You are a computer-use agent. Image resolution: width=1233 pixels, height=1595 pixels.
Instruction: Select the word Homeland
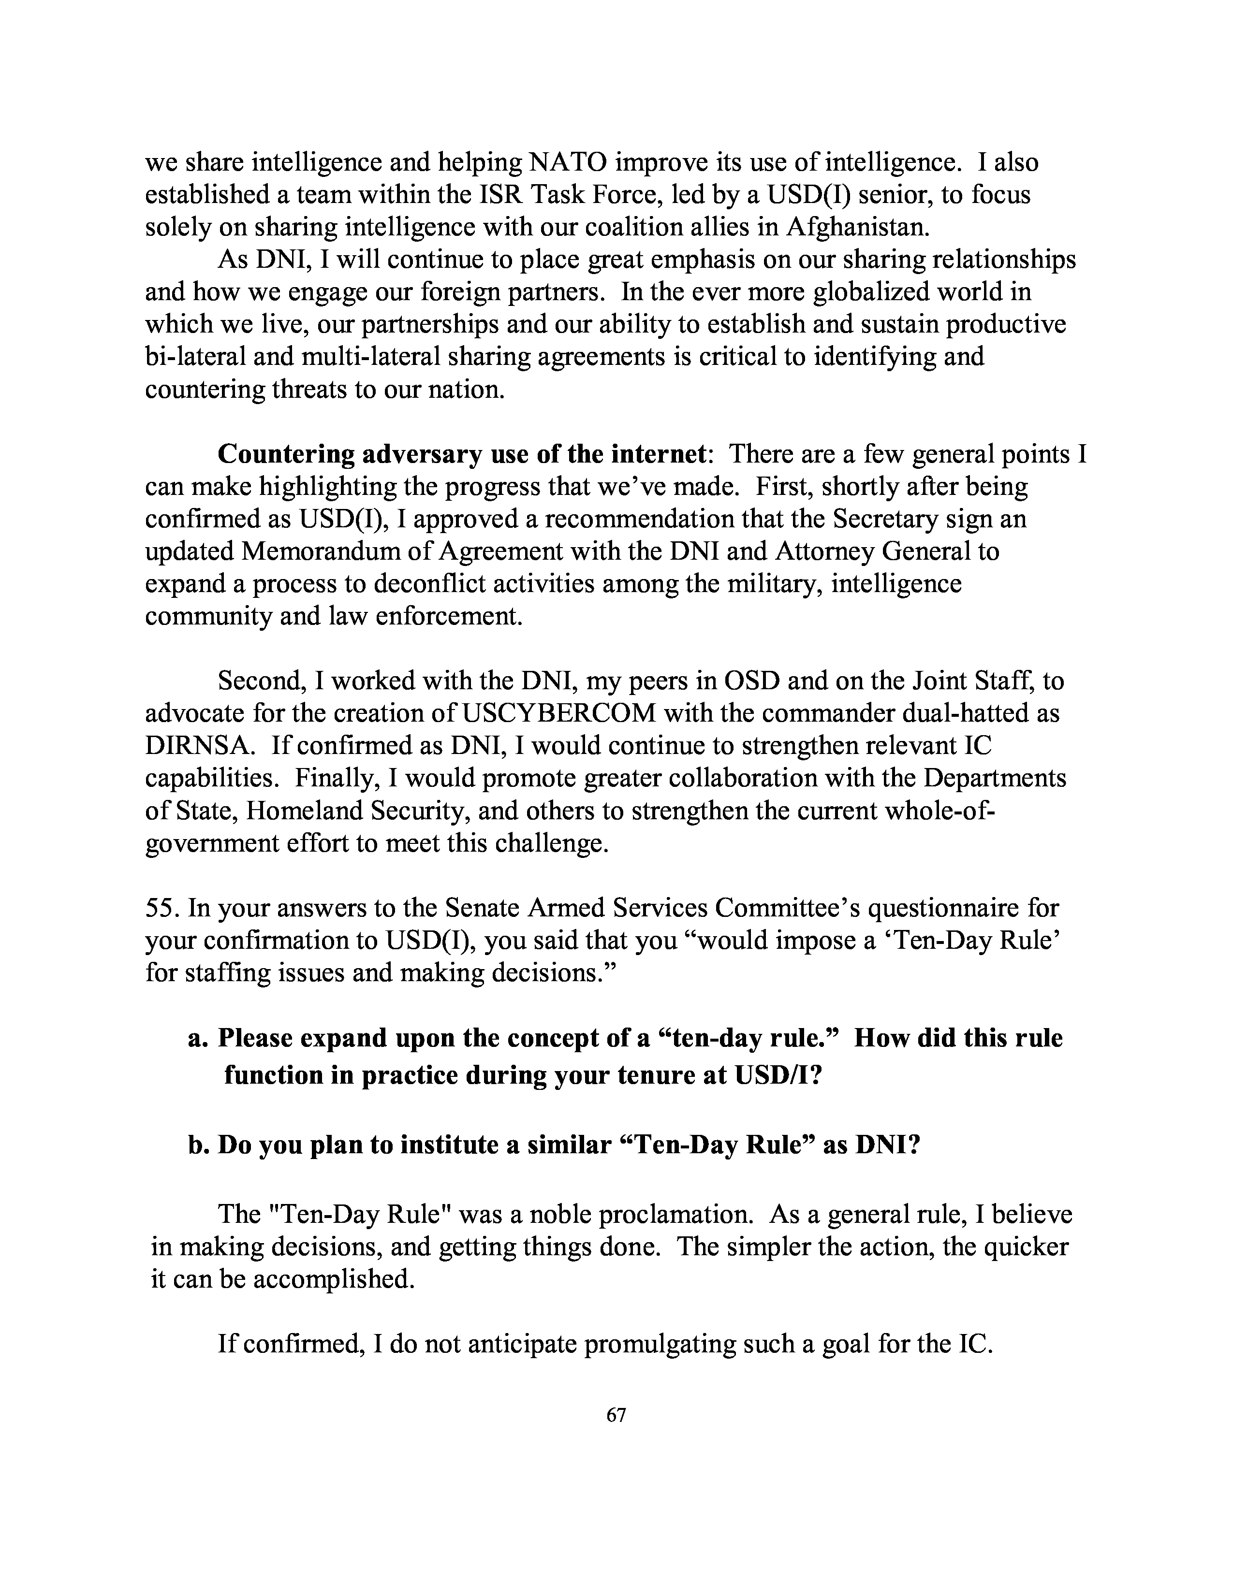click(304, 811)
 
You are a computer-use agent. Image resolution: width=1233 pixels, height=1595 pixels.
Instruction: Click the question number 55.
click(162, 909)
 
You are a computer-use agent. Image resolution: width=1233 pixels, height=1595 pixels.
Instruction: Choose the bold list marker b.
click(197, 1145)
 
